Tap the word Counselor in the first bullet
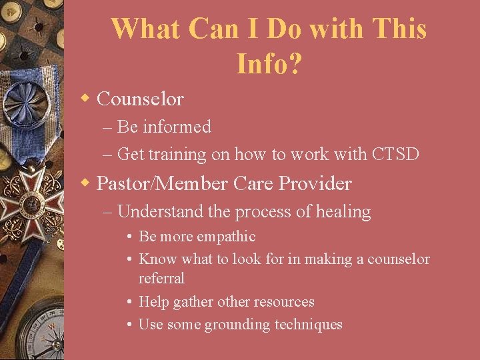click(140, 99)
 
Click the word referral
click(161, 278)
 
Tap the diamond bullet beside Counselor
click(85, 99)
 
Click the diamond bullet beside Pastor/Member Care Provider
click(85, 182)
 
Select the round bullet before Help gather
click(129, 302)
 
